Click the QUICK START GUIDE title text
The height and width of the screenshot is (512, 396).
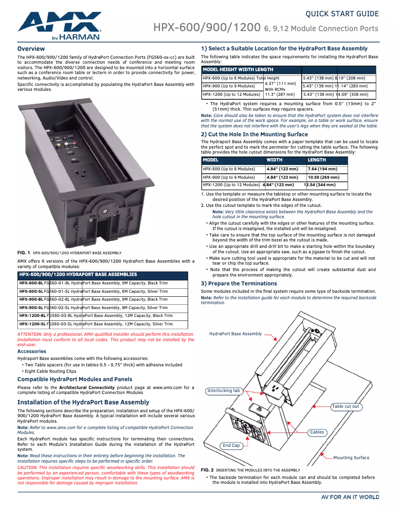coord(342,14)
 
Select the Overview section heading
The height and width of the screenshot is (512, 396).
coord(31,49)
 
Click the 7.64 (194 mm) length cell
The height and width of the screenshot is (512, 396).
coord(322,169)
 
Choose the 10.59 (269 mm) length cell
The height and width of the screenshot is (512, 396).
coord(323,177)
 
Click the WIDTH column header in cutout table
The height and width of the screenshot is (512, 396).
coord(275,160)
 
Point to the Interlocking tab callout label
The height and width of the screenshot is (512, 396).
coord(224,391)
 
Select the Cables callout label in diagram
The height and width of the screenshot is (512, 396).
coord(317,432)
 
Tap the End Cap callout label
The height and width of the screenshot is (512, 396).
coord(231,445)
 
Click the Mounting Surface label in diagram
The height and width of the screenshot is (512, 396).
coord(351,458)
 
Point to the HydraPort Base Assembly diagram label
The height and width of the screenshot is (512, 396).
coord(236,334)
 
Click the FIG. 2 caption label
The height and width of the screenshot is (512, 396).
coord(207,470)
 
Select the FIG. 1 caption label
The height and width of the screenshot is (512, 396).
coord(24,253)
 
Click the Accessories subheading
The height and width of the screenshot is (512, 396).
coord(32,352)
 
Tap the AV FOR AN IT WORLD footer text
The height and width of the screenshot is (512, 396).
coord(350,497)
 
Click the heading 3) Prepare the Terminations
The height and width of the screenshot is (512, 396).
coord(239,283)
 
